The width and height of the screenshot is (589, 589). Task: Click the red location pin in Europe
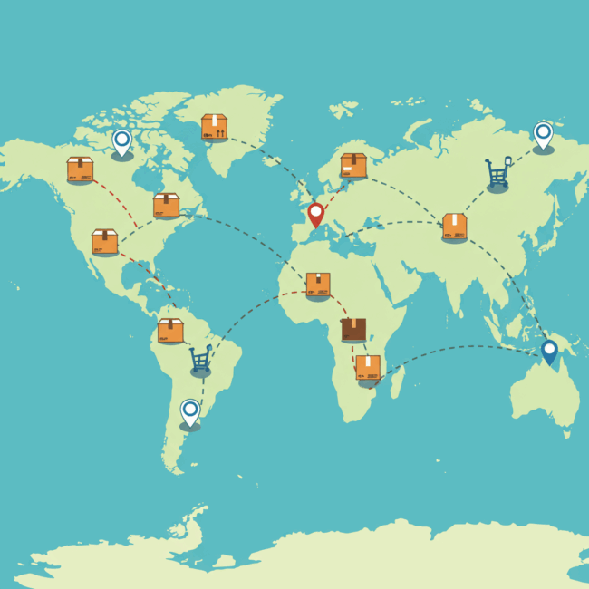315,214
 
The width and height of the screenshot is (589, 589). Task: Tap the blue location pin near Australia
549,351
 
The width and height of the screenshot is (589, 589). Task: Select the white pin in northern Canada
121,141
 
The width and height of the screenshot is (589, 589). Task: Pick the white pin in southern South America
189,411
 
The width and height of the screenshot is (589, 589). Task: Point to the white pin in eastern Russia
543,134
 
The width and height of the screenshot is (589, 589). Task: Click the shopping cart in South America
200,359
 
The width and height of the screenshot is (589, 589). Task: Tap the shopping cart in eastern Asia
497,172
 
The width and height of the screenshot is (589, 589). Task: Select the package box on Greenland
215,127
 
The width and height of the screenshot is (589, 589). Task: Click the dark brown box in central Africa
354,329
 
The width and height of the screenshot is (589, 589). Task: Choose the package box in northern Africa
318,285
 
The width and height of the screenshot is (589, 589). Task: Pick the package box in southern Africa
368,367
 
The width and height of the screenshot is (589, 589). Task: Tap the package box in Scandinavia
353,165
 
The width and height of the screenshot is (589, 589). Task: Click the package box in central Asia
455,227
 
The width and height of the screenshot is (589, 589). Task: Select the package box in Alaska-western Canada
80,169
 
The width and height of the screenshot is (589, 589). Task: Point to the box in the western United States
104,242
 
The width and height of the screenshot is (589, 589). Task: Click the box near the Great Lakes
166,206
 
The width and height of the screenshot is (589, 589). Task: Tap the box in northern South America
170,331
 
